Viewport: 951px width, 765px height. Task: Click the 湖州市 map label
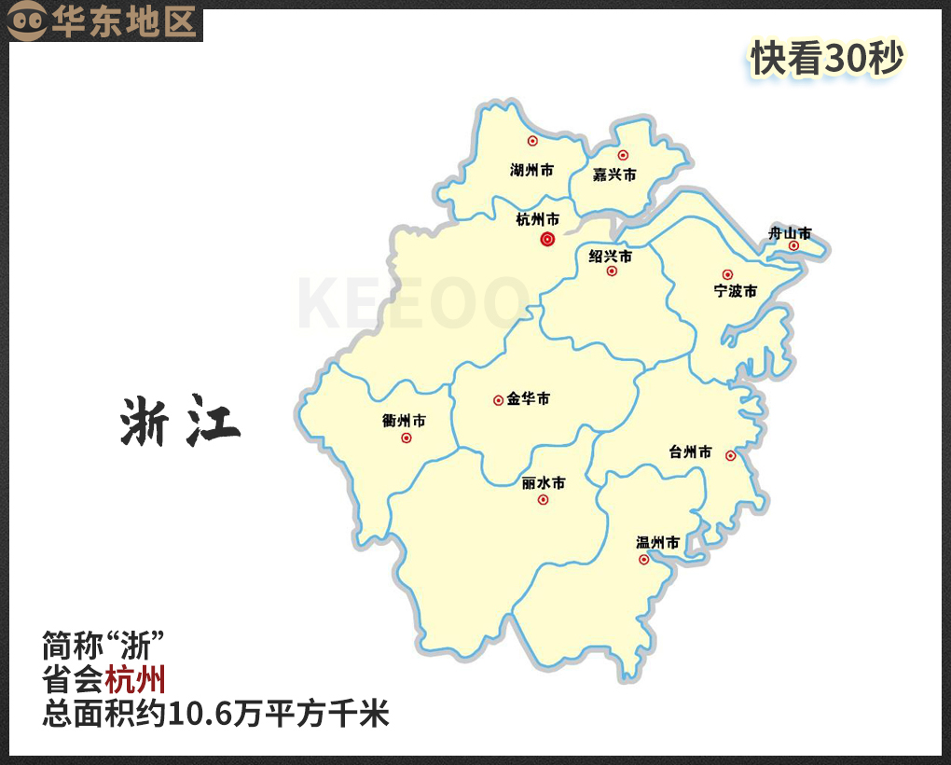point(531,171)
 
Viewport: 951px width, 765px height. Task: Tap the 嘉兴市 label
point(614,174)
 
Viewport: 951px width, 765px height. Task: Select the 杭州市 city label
point(538,220)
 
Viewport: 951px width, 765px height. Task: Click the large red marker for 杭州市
point(547,240)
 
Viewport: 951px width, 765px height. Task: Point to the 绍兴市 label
point(611,256)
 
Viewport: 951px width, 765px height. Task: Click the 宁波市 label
point(735,291)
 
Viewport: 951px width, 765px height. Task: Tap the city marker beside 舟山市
point(793,246)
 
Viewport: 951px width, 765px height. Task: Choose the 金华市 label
point(529,399)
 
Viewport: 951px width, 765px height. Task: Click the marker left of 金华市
point(498,400)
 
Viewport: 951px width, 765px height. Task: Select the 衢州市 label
point(404,421)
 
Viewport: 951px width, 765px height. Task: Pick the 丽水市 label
point(544,483)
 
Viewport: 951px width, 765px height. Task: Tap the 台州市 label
point(690,452)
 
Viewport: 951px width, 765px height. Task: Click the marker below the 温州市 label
point(643,560)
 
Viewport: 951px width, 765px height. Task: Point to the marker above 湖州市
point(532,141)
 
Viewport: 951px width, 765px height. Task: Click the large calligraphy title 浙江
point(180,422)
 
